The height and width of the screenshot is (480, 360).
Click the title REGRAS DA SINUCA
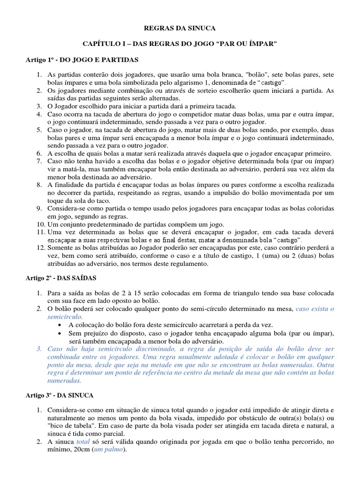[x=180, y=28]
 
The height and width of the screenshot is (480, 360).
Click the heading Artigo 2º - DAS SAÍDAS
[x=60, y=277]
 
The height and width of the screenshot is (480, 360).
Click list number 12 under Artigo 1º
[x=40, y=248]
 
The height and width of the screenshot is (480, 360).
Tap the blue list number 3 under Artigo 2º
[x=40, y=349]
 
